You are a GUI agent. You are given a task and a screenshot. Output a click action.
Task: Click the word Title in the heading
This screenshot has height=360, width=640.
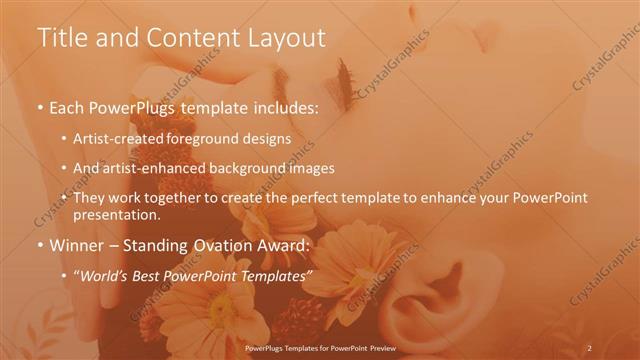(x=62, y=39)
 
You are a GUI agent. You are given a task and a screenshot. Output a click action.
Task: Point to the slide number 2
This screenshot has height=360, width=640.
(x=589, y=347)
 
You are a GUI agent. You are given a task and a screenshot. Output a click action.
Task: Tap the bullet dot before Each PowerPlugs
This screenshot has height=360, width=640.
(x=40, y=106)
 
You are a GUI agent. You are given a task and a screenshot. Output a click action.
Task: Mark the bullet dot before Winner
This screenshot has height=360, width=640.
(x=40, y=245)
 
